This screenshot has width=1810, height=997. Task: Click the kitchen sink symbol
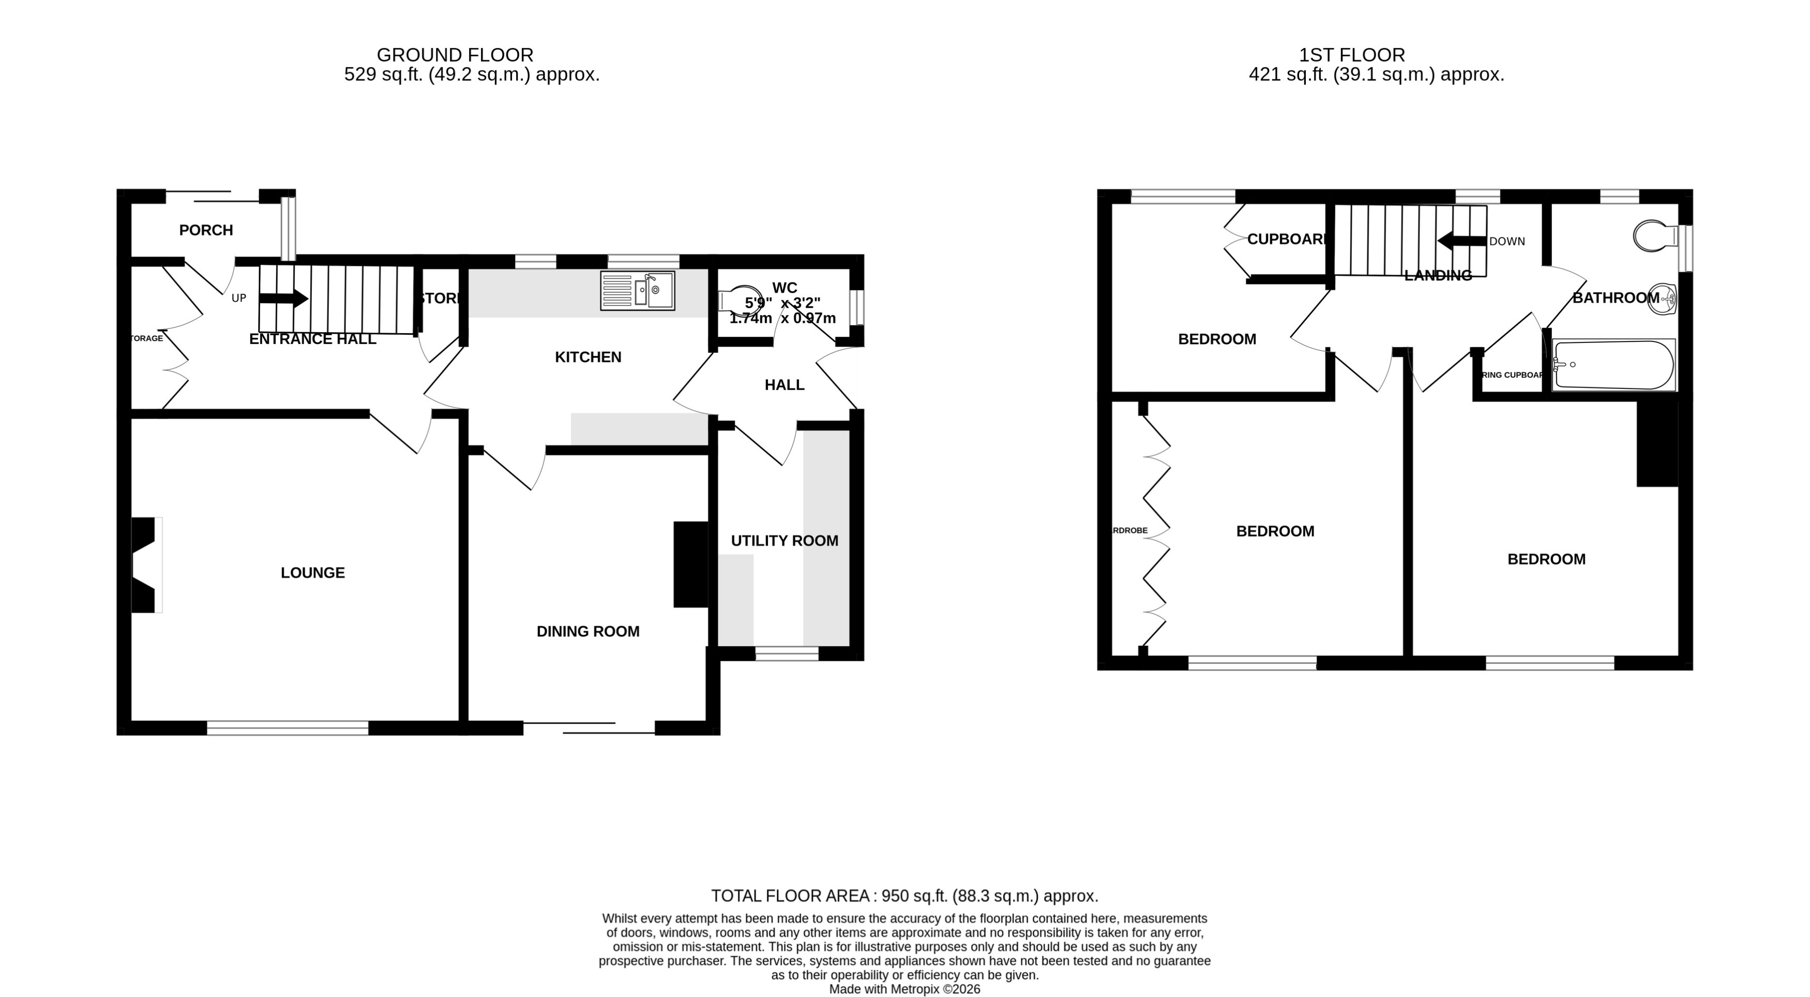[637, 290]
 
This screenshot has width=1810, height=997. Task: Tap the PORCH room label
[206, 230]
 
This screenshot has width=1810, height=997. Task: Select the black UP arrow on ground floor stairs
[284, 298]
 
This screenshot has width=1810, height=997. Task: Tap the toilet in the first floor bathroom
[1653, 236]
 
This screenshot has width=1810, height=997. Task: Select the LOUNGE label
[313, 573]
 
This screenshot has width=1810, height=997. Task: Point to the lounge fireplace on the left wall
[145, 564]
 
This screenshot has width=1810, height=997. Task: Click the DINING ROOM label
[588, 631]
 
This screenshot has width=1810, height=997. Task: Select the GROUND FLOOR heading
[455, 55]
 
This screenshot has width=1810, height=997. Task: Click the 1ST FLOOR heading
[1351, 55]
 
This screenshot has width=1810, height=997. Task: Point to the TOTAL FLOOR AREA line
[904, 896]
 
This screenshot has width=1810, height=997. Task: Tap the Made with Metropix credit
[904, 989]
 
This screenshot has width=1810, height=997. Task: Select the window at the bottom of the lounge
[288, 728]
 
